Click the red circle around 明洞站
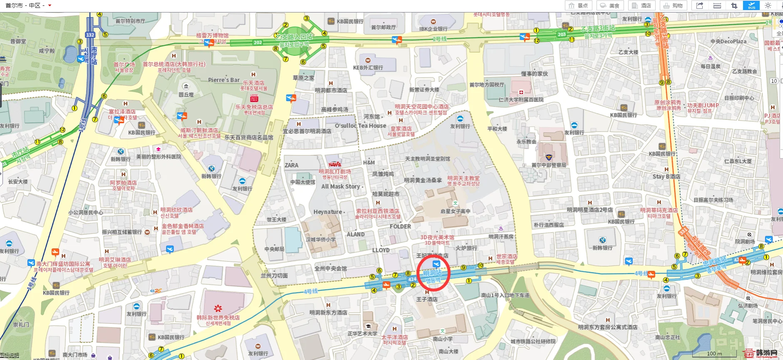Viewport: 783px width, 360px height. pos(433,273)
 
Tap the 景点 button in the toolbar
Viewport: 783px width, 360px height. pos(579,5)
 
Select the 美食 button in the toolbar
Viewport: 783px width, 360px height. pos(610,5)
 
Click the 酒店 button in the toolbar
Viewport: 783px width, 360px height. pos(641,5)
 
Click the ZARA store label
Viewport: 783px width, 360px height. pos(291,165)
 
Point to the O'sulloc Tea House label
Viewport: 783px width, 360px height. pos(360,126)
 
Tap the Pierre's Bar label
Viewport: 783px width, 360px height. pos(224,80)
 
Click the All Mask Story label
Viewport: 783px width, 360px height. pos(341,186)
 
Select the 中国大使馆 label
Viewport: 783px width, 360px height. pos(303,182)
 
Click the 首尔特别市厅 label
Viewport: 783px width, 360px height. pos(130,21)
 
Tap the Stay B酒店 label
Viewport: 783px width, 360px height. pos(666,176)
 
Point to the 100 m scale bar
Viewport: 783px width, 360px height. pos(714,354)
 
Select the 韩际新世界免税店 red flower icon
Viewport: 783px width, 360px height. pos(218,308)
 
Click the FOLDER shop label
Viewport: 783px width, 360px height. pos(400,226)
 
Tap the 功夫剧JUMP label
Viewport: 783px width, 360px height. pos(703,105)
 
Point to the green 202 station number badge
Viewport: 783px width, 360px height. pos(258,42)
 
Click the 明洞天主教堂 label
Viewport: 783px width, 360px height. pos(463,178)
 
